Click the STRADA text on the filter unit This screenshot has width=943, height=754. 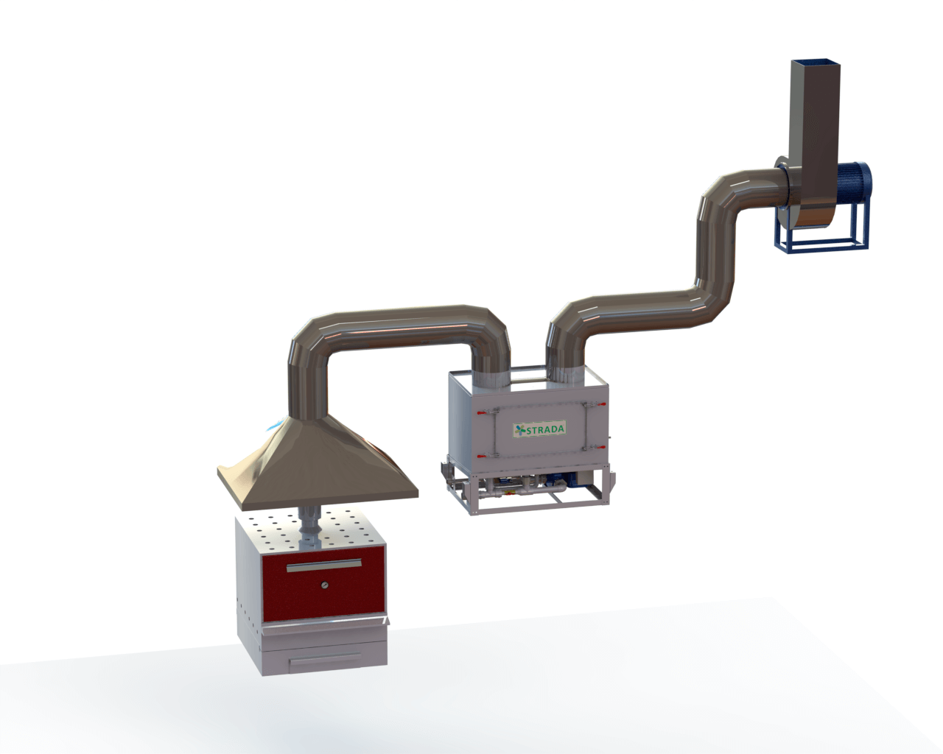click(544, 429)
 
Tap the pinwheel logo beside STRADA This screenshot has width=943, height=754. click(520, 431)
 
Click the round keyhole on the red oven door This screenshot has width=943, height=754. click(324, 585)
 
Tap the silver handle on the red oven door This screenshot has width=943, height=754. click(324, 565)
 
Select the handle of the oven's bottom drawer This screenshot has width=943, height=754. click(326, 658)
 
